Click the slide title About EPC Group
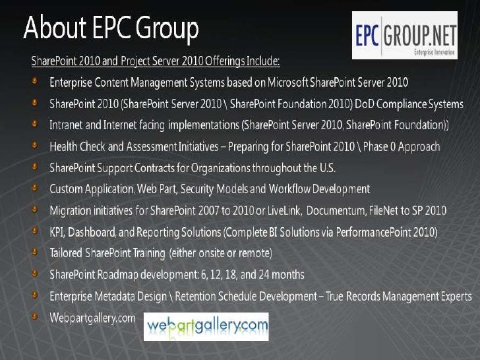111,30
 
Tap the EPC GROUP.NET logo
405,35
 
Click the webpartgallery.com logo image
206,326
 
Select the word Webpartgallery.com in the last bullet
92,317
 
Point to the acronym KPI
57,231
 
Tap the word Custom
67,189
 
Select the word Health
65,146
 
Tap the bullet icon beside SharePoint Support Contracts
34,167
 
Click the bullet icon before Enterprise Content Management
34,82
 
